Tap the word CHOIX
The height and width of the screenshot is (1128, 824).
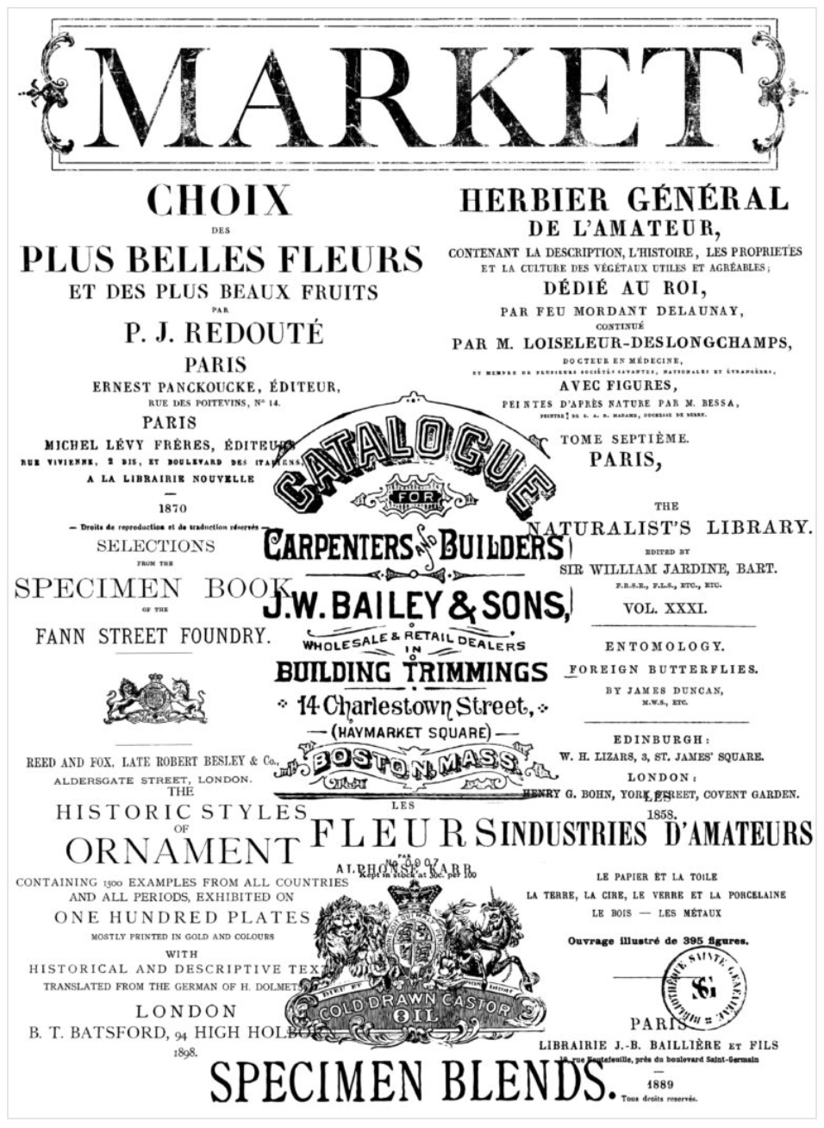click(219, 201)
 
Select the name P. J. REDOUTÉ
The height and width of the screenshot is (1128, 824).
click(224, 333)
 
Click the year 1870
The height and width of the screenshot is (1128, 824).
click(173, 509)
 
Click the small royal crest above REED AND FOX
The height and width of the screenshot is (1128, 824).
click(156, 699)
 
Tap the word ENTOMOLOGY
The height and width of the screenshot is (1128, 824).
click(665, 646)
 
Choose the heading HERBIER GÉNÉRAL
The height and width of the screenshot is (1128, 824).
click(624, 200)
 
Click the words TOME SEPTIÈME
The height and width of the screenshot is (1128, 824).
click(625, 439)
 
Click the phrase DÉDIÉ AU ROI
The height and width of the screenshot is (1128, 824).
click(624, 287)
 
